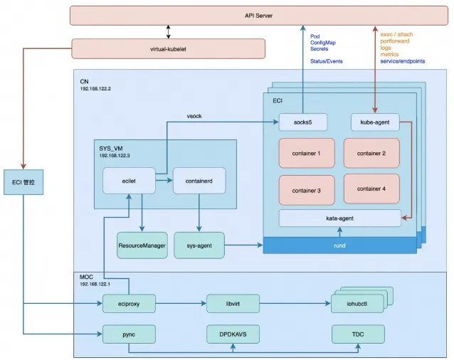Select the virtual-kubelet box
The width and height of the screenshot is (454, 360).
(169, 48)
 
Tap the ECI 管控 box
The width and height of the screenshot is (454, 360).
(23, 182)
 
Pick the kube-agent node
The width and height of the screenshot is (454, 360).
(374, 123)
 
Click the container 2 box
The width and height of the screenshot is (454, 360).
(371, 152)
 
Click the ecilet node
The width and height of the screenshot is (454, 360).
(129, 181)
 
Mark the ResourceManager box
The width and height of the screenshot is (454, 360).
(142, 245)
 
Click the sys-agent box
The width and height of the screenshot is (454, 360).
(200, 245)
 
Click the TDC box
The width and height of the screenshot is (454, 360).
(358, 334)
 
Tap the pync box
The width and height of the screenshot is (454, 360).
(129, 334)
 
